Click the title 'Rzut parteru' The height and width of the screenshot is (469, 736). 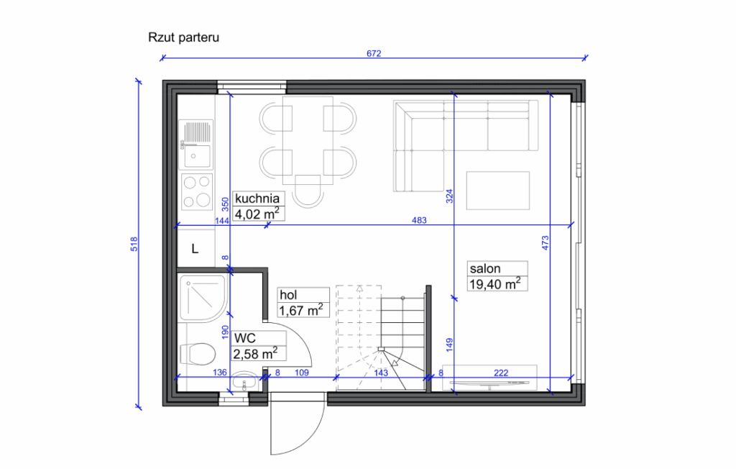click(183, 37)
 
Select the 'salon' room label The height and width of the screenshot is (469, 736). click(485, 269)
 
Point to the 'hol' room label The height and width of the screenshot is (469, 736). click(289, 295)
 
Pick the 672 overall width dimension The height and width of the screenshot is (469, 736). click(373, 53)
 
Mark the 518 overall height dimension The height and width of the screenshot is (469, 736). click(134, 245)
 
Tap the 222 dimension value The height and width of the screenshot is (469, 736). click(500, 372)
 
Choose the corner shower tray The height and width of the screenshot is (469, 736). click(203, 297)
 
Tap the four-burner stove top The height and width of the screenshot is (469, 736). click(197, 191)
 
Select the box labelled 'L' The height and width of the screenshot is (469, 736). click(195, 249)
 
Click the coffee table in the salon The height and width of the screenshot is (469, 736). click(498, 191)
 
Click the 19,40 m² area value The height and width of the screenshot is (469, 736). click(494, 284)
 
